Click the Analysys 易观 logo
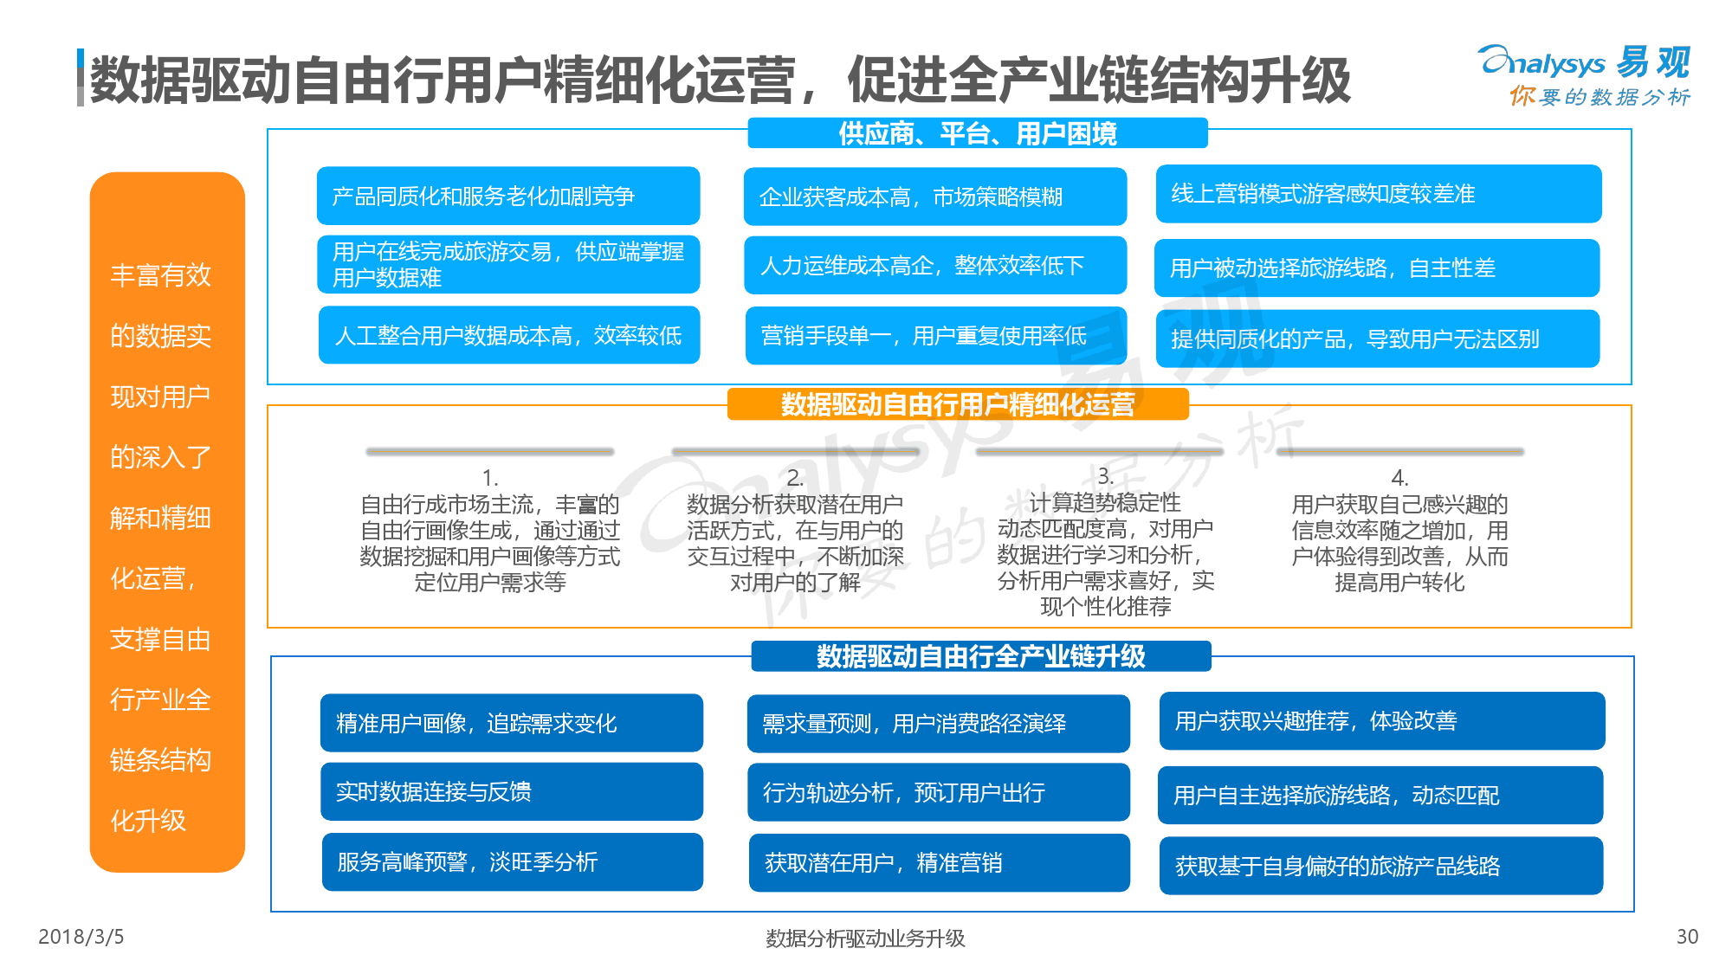click(1585, 75)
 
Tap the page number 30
click(1687, 937)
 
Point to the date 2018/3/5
click(81, 937)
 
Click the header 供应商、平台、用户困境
click(978, 133)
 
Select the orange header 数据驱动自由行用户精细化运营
click(958, 404)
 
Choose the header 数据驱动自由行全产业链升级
click(981, 656)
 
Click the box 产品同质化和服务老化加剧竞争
click(508, 196)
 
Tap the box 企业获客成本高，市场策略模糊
click(935, 197)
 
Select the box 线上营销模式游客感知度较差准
click(1379, 194)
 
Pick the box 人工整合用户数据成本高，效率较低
click(509, 335)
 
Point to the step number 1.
click(490, 478)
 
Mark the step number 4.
click(1399, 478)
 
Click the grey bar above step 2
click(795, 451)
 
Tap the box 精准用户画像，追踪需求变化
click(512, 723)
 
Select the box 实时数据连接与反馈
click(512, 791)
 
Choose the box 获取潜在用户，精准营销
click(940, 862)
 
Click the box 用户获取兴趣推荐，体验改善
click(1382, 721)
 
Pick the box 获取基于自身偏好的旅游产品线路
click(1381, 866)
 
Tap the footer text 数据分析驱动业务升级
click(865, 938)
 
